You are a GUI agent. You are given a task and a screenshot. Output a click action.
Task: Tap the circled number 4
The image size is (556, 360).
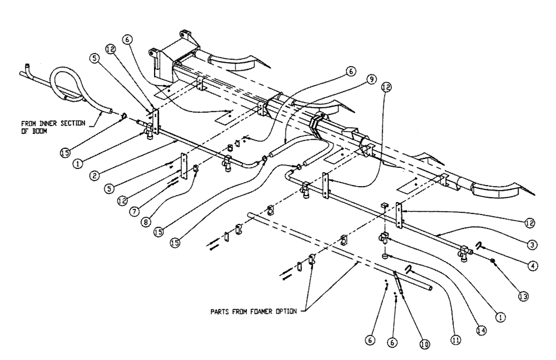point(532,265)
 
